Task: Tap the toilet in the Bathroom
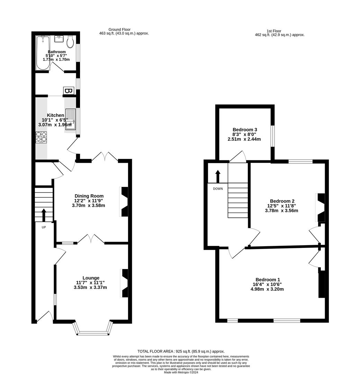click(x=70, y=42)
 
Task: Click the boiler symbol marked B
click(x=69, y=91)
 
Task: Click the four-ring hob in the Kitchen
click(x=42, y=137)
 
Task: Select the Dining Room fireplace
click(x=124, y=202)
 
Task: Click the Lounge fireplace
click(x=124, y=283)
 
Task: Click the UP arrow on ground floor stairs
click(x=44, y=214)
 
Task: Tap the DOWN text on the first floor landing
click(x=218, y=189)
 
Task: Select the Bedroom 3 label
click(x=244, y=130)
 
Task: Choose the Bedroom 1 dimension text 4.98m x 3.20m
click(x=267, y=289)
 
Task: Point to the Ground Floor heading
click(x=119, y=29)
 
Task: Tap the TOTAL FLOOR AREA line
click(x=181, y=351)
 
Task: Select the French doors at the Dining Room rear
click(x=105, y=158)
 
